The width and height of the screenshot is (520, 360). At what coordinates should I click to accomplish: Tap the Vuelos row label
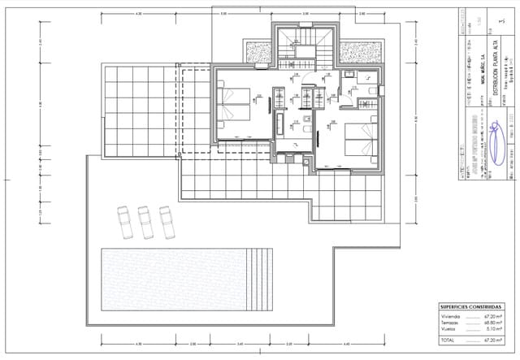(x=450, y=329)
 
